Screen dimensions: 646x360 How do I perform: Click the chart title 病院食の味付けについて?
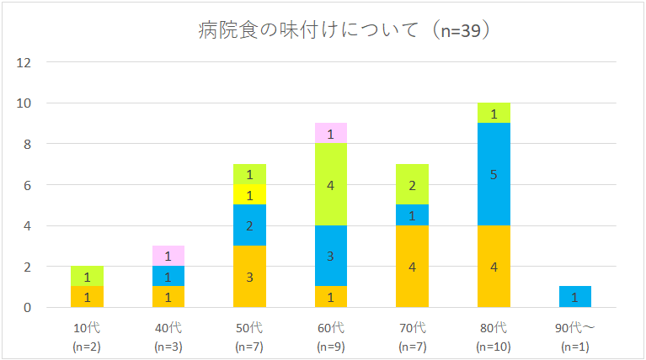point(308,30)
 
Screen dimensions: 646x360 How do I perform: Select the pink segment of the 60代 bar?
point(331,133)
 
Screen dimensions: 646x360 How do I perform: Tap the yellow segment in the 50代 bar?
point(249,194)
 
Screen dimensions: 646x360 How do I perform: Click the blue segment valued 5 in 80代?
point(494,174)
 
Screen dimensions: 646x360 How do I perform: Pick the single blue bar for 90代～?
point(575,297)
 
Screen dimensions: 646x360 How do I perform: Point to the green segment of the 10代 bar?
point(87,276)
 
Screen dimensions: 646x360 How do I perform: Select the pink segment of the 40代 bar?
point(168,256)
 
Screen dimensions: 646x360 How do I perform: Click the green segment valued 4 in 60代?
point(331,184)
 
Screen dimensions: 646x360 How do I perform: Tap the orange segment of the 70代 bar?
point(412,266)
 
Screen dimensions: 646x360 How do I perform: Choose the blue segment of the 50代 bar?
point(249,225)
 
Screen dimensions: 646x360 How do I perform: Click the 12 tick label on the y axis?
point(24,62)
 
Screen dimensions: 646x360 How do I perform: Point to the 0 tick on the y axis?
point(27,308)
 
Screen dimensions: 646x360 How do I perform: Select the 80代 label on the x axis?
point(494,328)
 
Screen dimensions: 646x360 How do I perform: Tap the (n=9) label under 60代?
point(331,347)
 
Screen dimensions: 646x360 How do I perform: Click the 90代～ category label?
point(575,328)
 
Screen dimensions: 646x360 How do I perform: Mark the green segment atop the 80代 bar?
point(494,114)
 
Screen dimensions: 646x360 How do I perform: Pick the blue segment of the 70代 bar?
point(412,215)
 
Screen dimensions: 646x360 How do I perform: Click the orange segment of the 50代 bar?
point(249,277)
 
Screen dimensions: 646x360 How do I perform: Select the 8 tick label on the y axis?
point(27,145)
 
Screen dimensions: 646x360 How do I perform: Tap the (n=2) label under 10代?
point(87,347)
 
